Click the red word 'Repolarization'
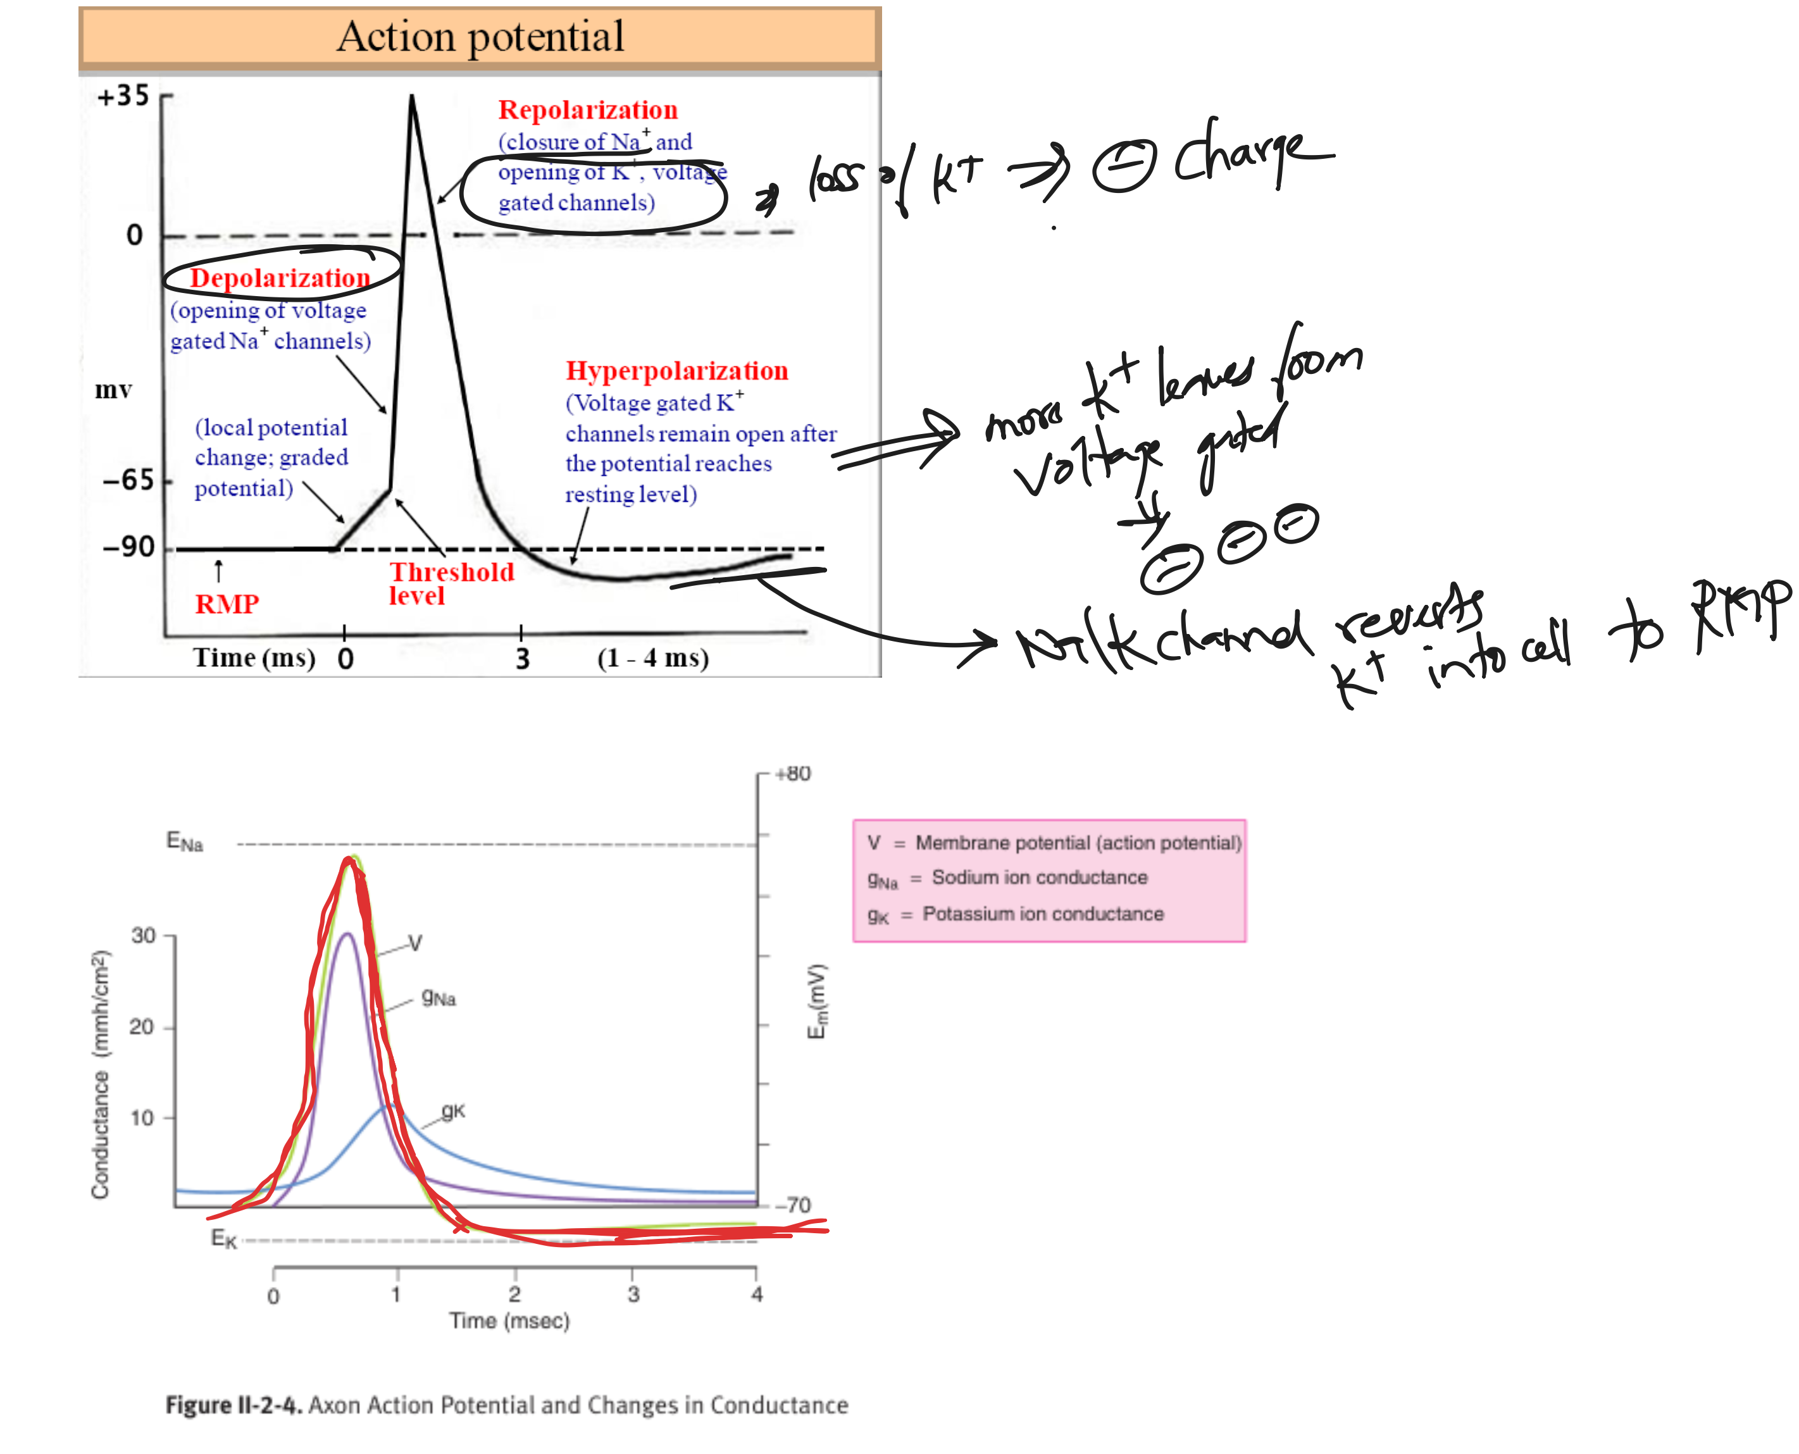(587, 109)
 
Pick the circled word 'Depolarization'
(280, 278)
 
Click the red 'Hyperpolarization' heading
(676, 370)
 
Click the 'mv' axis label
(113, 390)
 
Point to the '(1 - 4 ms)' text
(652, 657)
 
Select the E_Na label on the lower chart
(184, 841)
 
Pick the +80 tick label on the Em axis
(792, 773)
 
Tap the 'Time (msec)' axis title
(509, 1321)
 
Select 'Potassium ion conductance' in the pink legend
(1043, 914)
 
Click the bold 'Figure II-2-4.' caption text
(233, 1405)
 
